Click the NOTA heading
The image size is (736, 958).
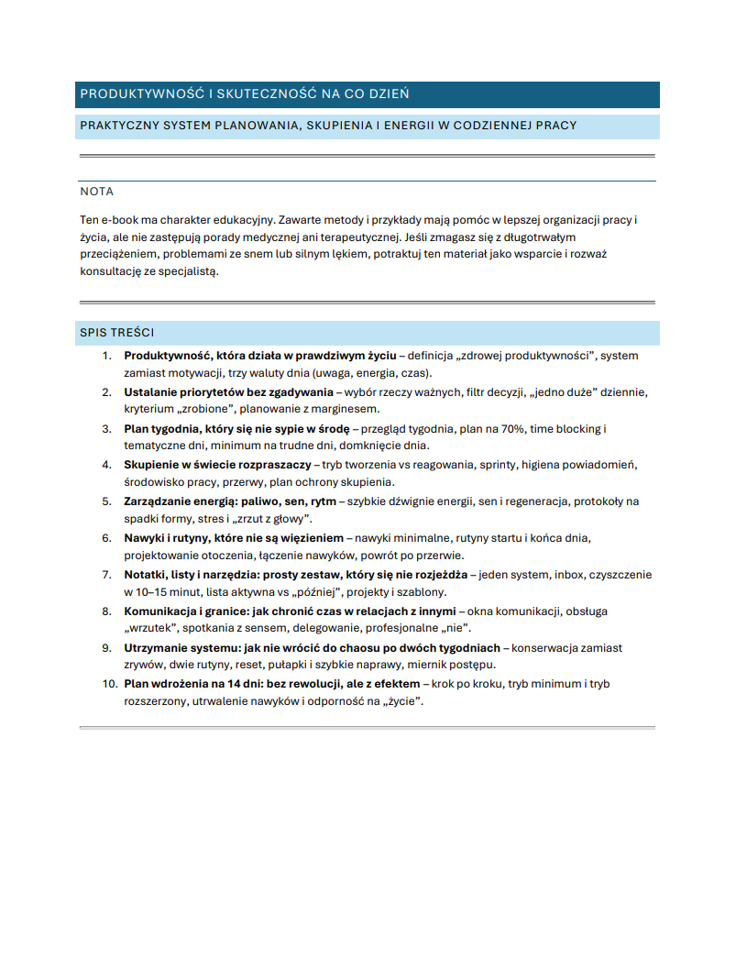(x=97, y=192)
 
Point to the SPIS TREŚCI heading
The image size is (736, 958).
(x=116, y=333)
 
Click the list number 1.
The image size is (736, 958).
(x=106, y=356)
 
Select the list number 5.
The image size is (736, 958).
(x=106, y=501)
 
